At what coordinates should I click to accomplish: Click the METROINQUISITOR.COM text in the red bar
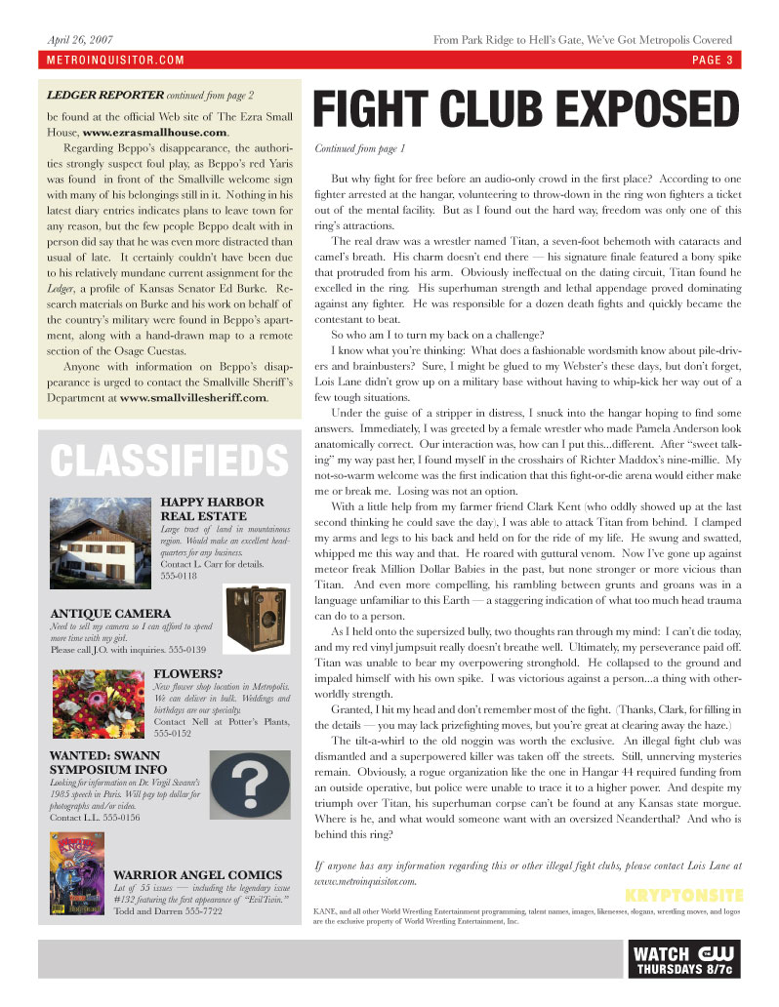click(115, 60)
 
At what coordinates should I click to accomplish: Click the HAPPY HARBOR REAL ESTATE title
click(211, 508)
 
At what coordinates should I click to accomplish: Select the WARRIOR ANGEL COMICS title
click(197, 874)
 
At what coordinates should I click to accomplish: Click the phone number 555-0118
click(179, 577)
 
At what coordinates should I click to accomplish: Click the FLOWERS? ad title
click(188, 672)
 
